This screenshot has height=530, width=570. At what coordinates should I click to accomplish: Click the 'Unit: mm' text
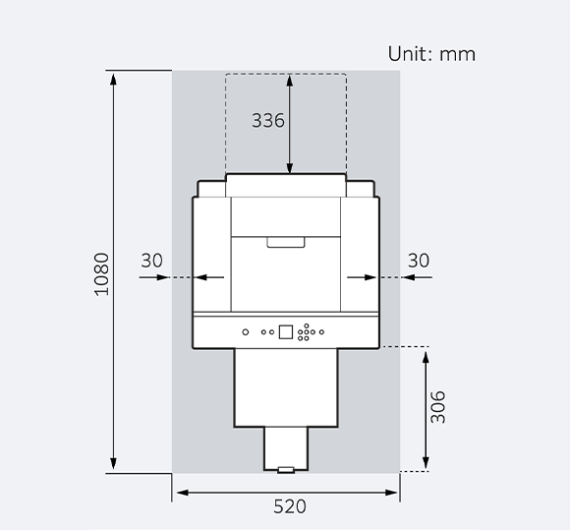point(431,54)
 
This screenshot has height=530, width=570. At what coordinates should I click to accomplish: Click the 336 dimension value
point(268,121)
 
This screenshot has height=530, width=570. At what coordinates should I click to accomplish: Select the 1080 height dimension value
point(101,276)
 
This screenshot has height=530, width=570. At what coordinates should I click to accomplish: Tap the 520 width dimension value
point(289,507)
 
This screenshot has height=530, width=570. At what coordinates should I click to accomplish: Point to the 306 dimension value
point(438,408)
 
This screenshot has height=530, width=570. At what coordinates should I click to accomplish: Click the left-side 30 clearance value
point(152,261)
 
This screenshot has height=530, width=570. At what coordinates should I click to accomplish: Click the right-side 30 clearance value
point(419,261)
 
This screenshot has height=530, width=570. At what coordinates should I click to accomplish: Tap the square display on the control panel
point(286,331)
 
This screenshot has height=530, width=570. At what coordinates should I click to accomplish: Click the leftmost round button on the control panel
point(246,332)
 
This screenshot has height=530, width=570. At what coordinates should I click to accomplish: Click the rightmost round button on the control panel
point(320,332)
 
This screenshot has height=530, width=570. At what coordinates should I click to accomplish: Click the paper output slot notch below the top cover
point(286,241)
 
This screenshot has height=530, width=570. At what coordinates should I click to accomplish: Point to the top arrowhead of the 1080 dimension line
point(115,77)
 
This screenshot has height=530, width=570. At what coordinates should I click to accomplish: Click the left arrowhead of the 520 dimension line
point(179,492)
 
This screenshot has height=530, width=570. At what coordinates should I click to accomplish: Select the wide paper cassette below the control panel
point(286,387)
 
